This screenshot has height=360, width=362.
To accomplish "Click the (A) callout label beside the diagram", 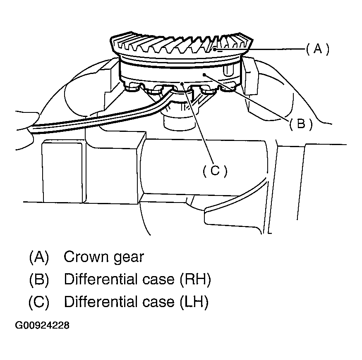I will point(318,50).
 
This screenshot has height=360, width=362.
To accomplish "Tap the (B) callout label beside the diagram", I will point(300,124).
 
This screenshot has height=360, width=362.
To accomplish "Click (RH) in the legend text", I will point(196,279).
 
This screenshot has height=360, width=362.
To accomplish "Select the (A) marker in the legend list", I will point(39,257).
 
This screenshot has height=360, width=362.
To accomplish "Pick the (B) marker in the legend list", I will point(39,279).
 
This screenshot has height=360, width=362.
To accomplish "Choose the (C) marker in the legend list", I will point(39,302).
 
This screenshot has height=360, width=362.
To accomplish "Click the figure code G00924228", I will point(42,326).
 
